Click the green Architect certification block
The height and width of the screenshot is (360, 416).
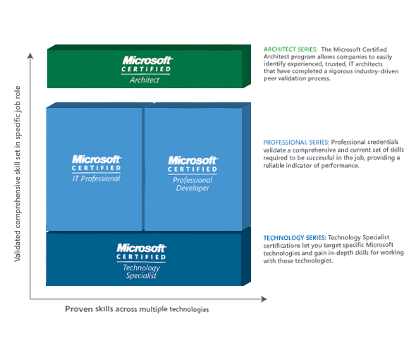(x=149, y=66)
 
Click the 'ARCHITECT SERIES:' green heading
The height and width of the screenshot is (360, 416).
(x=290, y=49)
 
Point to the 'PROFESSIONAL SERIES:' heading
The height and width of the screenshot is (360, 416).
(x=296, y=143)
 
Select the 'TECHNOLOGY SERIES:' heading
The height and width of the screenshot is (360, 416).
(x=295, y=238)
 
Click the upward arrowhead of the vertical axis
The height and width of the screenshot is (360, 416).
(x=30, y=55)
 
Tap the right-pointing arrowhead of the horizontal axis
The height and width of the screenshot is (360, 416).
(x=264, y=299)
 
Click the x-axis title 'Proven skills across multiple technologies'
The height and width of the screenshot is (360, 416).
(x=137, y=309)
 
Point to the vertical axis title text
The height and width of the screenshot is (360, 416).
(x=17, y=174)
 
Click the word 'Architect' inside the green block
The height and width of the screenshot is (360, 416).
(x=145, y=80)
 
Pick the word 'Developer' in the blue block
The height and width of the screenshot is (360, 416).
(x=192, y=188)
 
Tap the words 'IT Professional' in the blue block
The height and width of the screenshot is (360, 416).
(x=97, y=179)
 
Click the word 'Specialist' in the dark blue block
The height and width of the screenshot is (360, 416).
(x=141, y=276)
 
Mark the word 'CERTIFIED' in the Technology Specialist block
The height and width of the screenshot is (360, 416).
(x=141, y=257)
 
